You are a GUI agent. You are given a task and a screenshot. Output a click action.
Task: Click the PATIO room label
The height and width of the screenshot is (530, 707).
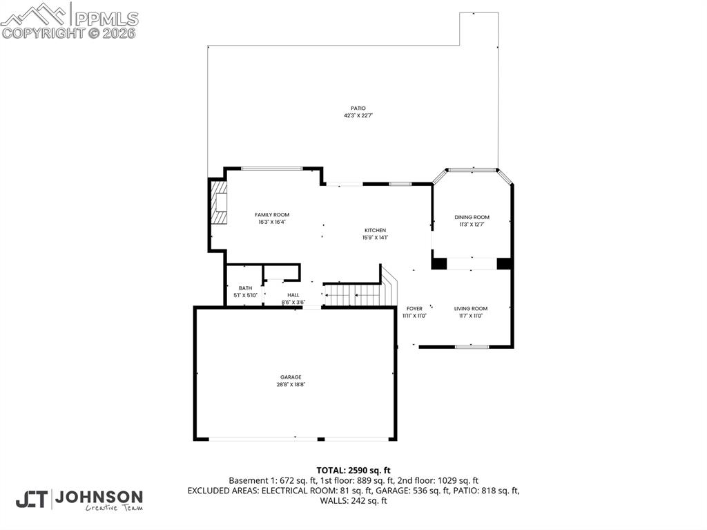pos(358,108)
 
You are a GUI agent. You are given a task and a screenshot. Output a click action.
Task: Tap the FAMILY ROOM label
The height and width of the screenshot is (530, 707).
pos(272,215)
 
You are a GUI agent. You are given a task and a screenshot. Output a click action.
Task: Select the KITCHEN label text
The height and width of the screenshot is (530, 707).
pos(376,230)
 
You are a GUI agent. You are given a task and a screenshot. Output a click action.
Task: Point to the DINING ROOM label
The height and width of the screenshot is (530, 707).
pos(472,217)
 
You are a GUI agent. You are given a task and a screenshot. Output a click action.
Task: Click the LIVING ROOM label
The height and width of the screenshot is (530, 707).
pos(470,308)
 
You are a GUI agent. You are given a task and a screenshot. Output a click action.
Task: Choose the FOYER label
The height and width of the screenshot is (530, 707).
pos(414,308)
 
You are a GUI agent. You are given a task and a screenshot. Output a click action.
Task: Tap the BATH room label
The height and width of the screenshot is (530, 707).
pos(245,288)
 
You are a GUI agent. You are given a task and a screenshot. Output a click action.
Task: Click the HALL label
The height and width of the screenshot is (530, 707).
pos(293,295)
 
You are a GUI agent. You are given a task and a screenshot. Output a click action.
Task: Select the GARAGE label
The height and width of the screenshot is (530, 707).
pos(291,377)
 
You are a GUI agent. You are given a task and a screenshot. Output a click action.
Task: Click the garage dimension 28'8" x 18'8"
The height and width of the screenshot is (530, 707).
pos(291,385)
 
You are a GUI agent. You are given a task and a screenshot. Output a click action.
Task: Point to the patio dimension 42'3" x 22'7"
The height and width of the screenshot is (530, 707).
pos(358,116)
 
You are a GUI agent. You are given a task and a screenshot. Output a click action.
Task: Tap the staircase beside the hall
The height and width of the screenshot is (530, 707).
pos(353,295)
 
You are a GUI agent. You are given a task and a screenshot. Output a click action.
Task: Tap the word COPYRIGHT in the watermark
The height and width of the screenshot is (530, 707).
pos(43,32)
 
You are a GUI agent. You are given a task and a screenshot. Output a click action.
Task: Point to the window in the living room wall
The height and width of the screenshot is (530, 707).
pos(472,346)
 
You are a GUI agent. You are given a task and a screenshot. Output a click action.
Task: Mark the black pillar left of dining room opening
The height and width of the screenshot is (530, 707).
pos(438,263)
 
